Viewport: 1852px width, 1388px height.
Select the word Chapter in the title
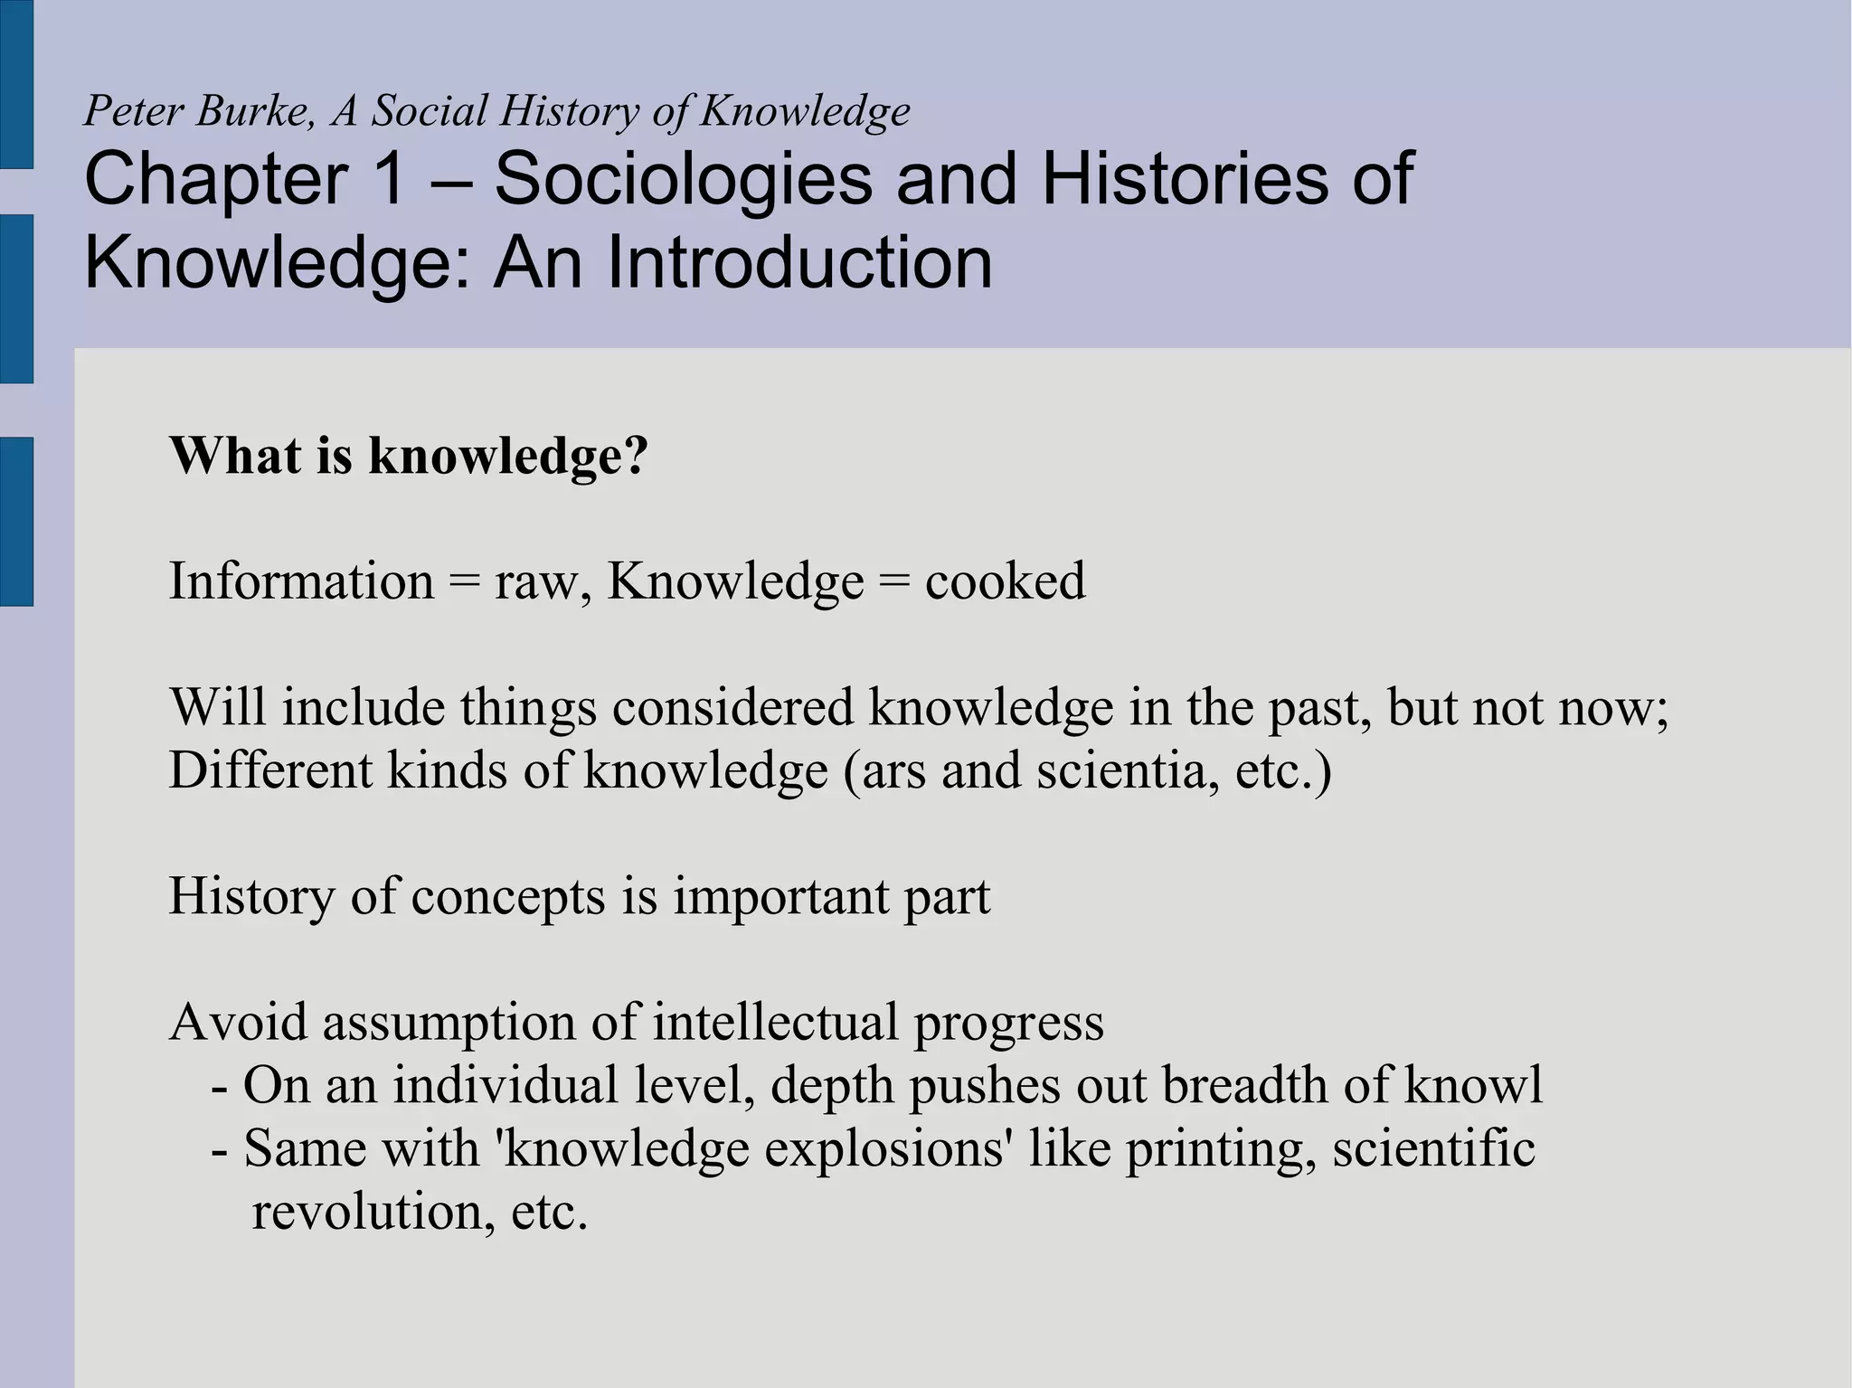coord(215,180)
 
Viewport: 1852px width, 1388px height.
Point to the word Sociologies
coord(684,180)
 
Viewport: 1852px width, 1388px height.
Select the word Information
coord(301,581)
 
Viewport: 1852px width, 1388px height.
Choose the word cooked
coord(1005,581)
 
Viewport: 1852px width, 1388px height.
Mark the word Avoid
coord(239,1023)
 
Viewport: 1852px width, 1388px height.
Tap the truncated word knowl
coord(1473,1085)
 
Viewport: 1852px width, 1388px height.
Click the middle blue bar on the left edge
coord(16,298)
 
